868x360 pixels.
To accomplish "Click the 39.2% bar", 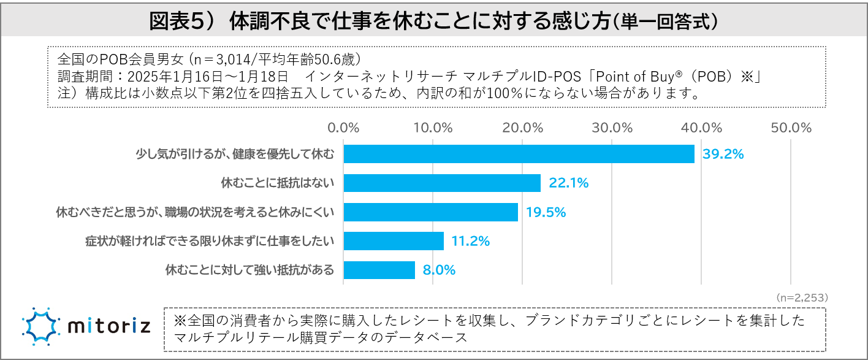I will [519, 154].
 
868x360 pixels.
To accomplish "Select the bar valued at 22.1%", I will [442, 183].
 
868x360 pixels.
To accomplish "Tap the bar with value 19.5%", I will [430, 212].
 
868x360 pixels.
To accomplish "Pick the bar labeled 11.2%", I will [394, 241].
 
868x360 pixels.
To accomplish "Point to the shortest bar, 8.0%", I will [379, 270].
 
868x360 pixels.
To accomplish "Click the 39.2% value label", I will [723, 154].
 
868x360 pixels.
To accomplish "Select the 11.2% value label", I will [470, 241].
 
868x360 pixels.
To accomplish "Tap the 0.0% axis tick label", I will [343, 128].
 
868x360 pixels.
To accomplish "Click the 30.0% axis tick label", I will [612, 128].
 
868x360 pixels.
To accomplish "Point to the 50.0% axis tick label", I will [791, 128].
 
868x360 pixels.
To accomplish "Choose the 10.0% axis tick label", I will [433, 128].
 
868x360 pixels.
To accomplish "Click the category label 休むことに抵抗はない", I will [277, 183].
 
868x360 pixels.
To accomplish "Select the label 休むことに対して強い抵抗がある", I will [250, 270].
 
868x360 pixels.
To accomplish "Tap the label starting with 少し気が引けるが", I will [235, 154].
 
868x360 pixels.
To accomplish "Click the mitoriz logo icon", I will [41, 326].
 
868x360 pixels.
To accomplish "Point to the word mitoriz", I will [110, 326].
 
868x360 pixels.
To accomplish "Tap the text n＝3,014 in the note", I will [223, 59].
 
